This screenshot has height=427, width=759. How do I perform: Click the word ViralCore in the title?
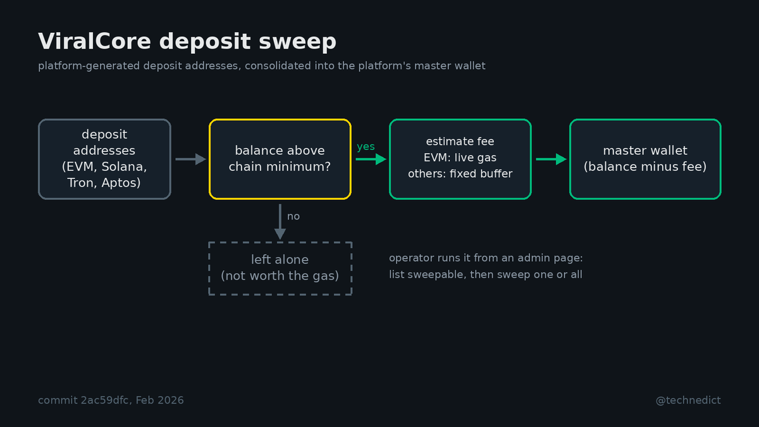click(94, 41)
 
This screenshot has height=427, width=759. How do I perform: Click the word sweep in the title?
click(297, 42)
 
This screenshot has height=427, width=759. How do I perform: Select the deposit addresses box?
click(104, 159)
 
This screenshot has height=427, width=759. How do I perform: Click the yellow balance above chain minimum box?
click(280, 159)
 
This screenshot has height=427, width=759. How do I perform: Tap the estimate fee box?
click(460, 159)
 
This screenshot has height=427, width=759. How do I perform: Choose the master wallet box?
click(645, 159)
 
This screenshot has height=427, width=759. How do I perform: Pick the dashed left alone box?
click(280, 268)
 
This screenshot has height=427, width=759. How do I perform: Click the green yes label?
click(366, 147)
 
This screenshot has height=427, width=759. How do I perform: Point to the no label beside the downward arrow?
click(293, 216)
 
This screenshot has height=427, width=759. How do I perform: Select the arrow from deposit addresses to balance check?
click(191, 159)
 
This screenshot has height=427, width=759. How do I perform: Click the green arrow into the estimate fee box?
click(371, 159)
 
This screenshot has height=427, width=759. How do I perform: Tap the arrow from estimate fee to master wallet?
click(552, 159)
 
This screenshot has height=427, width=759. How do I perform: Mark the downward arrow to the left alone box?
click(280, 221)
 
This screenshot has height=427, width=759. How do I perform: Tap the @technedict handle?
click(688, 400)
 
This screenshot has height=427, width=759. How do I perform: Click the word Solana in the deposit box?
click(124, 167)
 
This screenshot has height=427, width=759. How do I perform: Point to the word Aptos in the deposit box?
click(121, 183)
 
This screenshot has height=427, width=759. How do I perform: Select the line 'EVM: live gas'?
click(460, 158)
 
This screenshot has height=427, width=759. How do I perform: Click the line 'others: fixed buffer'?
click(460, 174)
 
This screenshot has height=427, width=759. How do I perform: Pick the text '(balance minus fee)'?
click(645, 167)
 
